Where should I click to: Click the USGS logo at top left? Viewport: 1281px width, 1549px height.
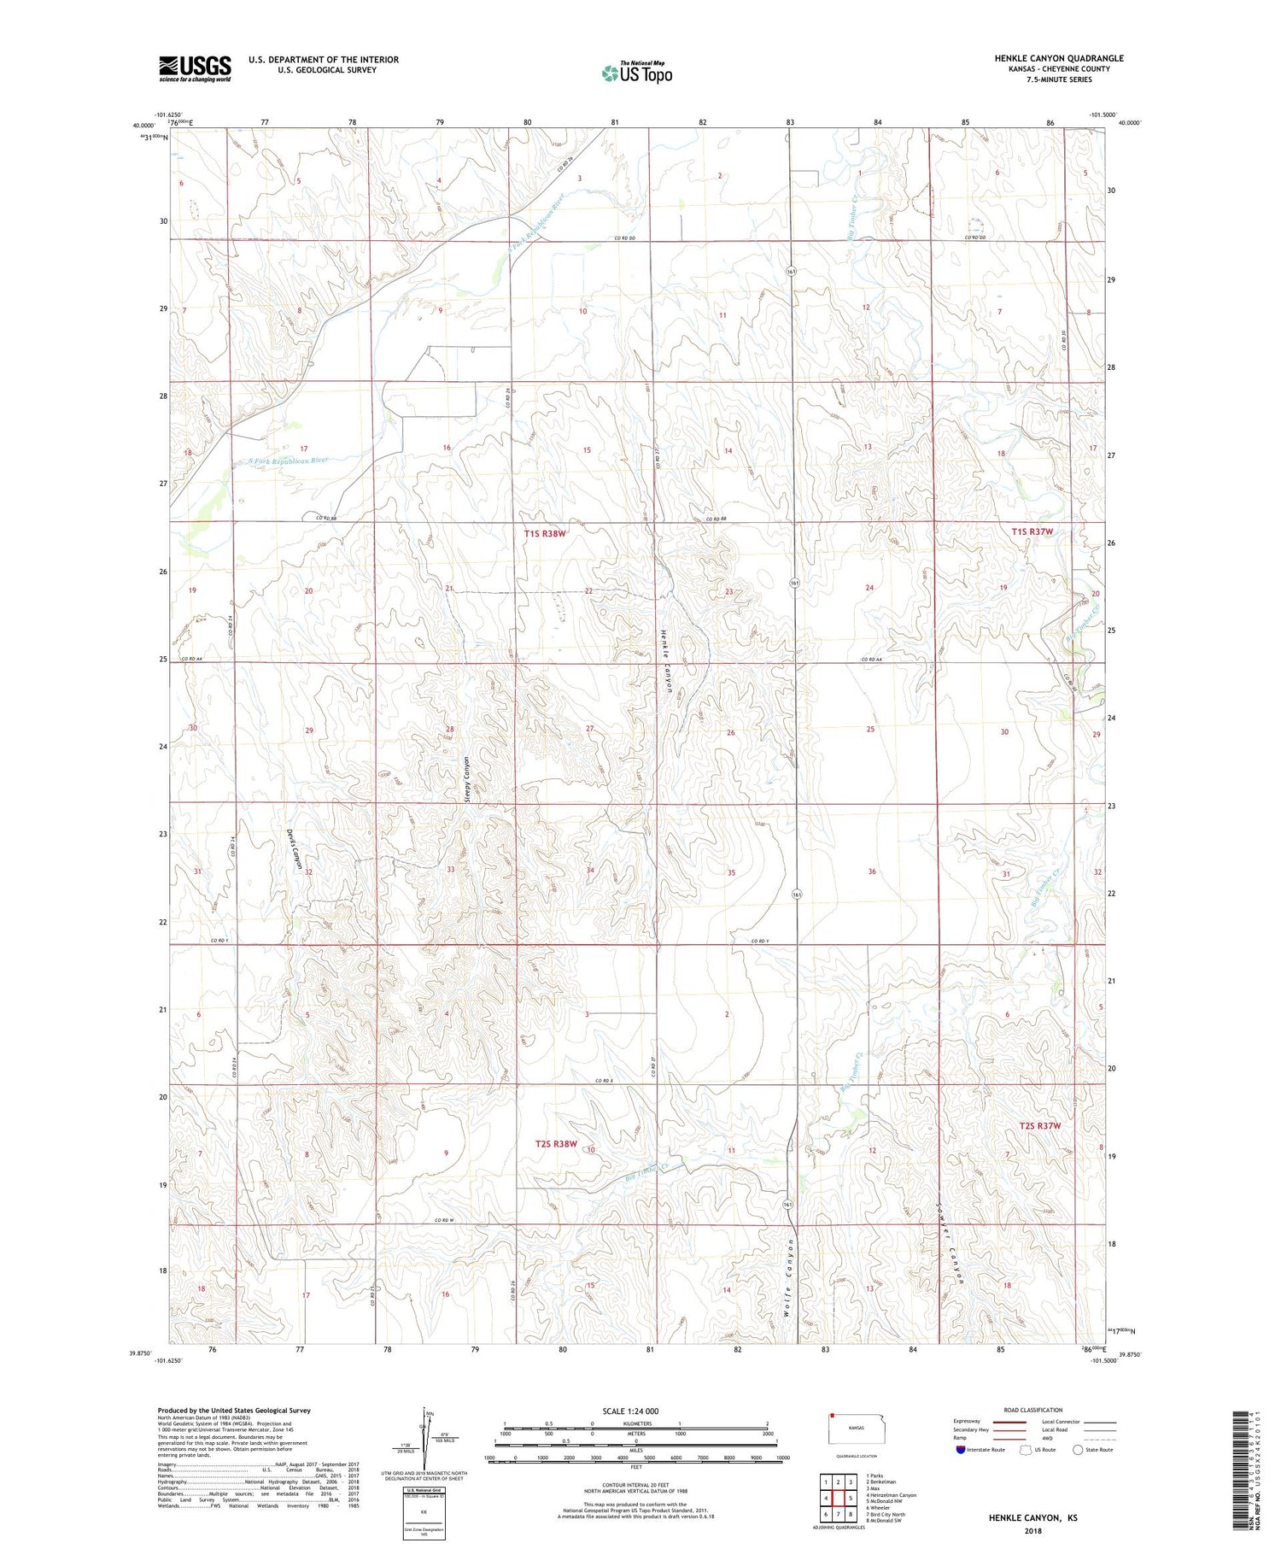click(195, 68)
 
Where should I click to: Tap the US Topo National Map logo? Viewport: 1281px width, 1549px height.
click(636, 73)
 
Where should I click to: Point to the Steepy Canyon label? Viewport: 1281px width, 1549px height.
click(467, 779)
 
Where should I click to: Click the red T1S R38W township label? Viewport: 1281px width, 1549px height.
click(545, 533)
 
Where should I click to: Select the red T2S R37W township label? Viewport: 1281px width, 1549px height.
click(1036, 1125)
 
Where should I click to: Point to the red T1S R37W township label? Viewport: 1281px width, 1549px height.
click(1032, 531)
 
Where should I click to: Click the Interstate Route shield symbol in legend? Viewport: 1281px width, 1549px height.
click(961, 1450)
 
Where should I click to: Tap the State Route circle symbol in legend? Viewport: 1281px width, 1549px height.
click(1078, 1450)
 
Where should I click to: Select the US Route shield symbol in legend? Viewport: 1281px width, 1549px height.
click(1026, 1450)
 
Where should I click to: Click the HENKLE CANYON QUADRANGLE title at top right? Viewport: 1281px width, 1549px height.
click(1058, 58)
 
